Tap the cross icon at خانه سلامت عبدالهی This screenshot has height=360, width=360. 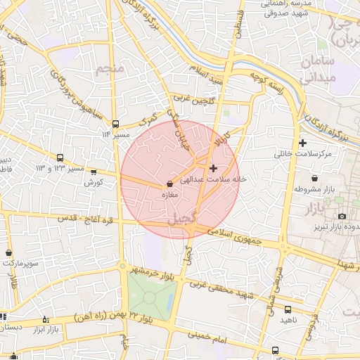(x=214, y=168)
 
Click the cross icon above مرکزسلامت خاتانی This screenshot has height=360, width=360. (x=303, y=143)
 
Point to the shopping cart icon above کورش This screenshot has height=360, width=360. (x=94, y=172)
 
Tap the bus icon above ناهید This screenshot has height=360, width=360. (x=288, y=309)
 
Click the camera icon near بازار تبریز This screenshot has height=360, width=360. (x=342, y=216)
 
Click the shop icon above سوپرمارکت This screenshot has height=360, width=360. (x=8, y=252)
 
